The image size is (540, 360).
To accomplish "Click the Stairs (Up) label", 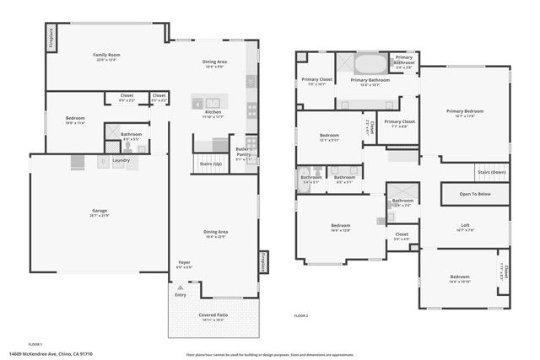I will click(210, 164).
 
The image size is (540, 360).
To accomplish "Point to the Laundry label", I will click(121, 160).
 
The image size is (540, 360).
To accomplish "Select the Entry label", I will click(181, 295).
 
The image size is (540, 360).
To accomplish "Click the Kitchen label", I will click(213, 112).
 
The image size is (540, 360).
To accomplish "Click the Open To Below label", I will click(474, 194).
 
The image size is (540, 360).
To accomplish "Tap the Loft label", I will click(465, 225).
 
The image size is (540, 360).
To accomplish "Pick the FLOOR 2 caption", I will click(301, 315).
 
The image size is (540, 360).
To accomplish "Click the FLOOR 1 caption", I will click(35, 344).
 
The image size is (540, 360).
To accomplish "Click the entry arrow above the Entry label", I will click(180, 287).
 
